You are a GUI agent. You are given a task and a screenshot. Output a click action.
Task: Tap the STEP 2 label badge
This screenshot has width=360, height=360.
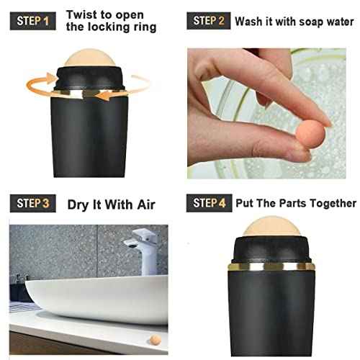coord(210,20)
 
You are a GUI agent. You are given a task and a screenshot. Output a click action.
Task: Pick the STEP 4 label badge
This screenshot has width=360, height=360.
coord(210,204)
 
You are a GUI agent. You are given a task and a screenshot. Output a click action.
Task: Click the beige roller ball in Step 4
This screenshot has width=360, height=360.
coord(271,232)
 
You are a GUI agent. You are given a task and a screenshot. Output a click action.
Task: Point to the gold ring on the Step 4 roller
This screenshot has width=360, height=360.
coord(271,266)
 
